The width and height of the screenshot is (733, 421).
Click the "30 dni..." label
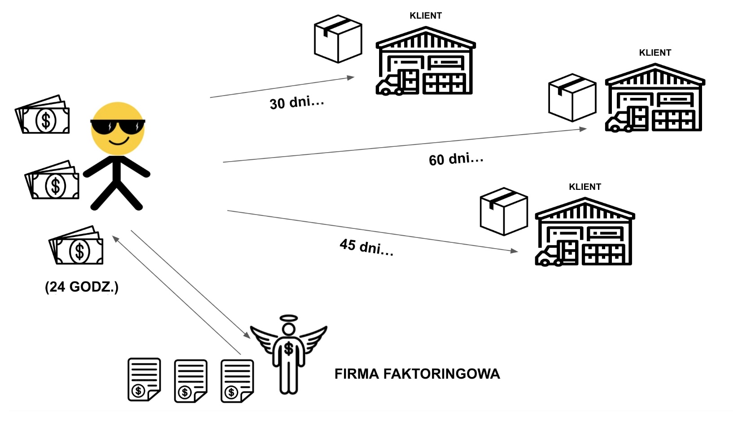pos(297,102)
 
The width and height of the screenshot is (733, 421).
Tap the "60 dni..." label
pos(456,159)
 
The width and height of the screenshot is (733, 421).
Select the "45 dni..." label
pos(366,246)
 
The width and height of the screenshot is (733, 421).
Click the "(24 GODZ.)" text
pos(82,287)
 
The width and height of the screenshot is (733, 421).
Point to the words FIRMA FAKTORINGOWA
pos(417,374)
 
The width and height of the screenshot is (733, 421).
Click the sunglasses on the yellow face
pos(118,127)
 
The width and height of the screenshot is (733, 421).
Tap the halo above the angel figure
pos(288,318)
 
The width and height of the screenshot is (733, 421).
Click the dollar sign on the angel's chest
pos(288,348)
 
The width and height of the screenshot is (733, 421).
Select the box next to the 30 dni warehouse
pos(338,39)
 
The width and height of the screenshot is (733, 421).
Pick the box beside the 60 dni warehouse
pos(572,97)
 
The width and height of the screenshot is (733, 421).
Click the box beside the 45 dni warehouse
pos(503,211)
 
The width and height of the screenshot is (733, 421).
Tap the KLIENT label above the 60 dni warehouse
pos(655,53)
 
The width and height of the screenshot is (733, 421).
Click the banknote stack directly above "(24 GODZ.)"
pos(77,246)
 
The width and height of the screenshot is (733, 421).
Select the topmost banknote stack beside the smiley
pos(43,115)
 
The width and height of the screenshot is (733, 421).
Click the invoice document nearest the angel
pos(237,381)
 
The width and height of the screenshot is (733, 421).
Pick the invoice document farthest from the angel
pos(144,379)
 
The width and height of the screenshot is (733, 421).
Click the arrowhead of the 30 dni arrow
pos(351,78)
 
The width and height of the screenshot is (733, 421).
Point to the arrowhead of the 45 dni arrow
pos(514,250)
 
